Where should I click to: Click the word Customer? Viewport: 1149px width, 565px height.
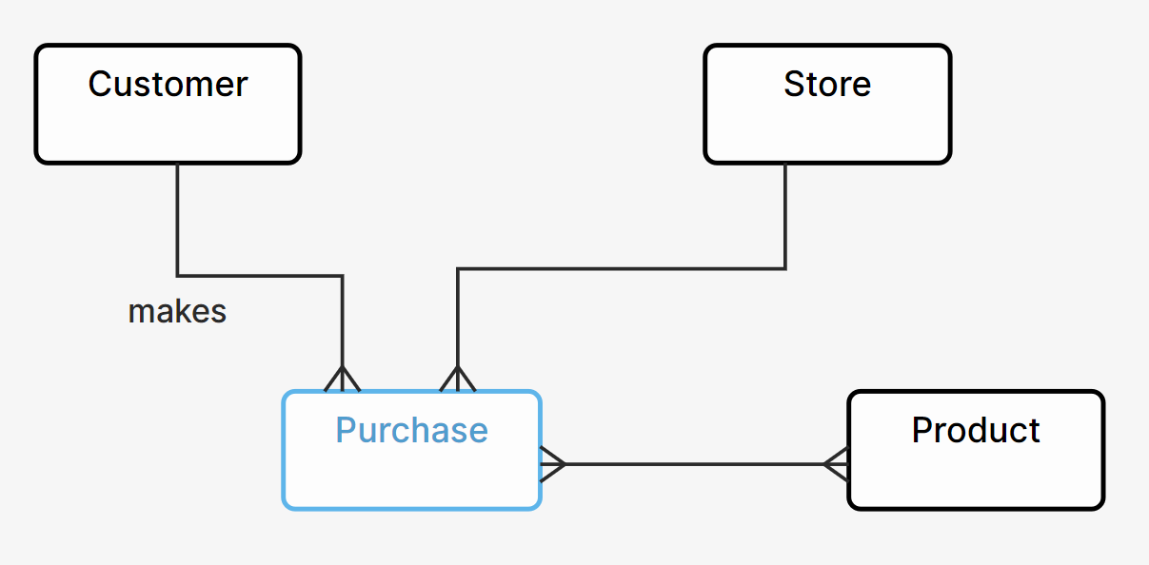168,85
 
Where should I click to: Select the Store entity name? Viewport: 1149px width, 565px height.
826,85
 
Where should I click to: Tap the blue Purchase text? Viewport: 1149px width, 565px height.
411,431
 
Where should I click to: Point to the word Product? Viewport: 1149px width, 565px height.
976,431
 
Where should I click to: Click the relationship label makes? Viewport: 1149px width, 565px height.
177,312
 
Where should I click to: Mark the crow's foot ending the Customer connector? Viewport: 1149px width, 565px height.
343,379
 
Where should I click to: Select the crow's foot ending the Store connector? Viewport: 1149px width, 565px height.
458,379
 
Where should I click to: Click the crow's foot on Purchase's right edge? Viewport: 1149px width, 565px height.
553,464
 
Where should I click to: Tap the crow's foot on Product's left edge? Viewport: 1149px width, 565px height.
836,464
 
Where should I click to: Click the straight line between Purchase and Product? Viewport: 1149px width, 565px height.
695,464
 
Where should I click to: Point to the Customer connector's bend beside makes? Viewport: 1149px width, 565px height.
178,276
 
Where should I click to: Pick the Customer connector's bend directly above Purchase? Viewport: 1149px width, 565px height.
343,276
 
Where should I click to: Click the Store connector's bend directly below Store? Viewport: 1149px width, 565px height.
785,268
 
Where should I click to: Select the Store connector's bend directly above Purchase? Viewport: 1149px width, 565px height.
458,268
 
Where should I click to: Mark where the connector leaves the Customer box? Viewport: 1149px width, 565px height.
178,166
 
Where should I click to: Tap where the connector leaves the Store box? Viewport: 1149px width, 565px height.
785,166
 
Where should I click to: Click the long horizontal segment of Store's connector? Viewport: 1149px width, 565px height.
619,268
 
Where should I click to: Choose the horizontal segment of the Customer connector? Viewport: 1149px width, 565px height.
260,276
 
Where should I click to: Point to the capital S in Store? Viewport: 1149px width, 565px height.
793,85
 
